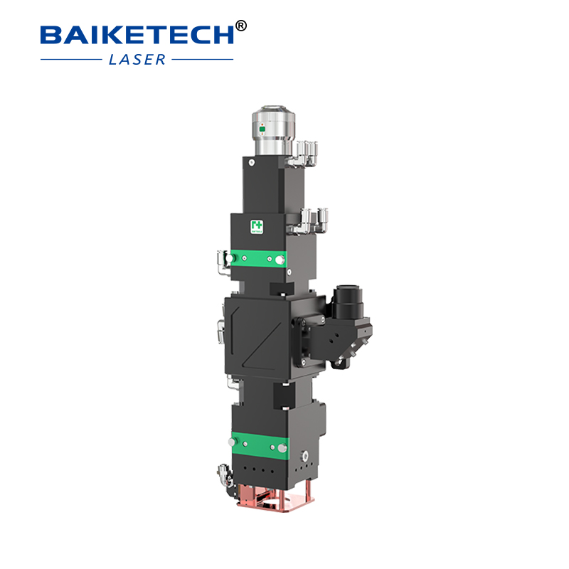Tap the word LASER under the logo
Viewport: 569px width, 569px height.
(137, 59)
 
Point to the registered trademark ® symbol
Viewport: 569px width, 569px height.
(240, 26)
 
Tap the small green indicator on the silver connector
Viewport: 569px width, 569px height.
(261, 129)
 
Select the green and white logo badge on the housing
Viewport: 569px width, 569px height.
(256, 226)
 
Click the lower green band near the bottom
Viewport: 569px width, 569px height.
(260, 445)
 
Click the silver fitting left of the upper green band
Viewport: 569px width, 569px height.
(222, 261)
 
